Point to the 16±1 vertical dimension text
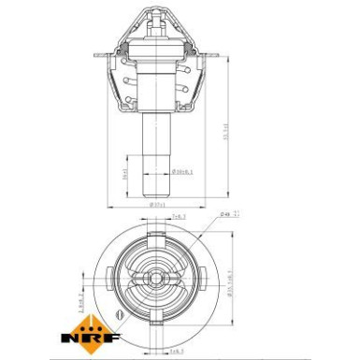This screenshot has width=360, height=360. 127,173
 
